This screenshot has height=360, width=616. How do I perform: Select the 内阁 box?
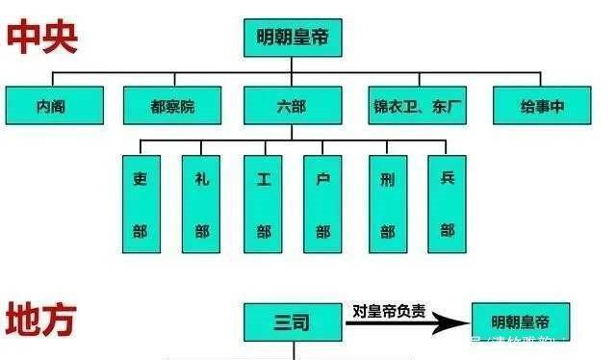pyautogui.click(x=53, y=106)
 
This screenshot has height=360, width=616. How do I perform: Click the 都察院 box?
pyautogui.click(x=172, y=106)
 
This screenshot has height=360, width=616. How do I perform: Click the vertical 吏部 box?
pyautogui.click(x=141, y=204)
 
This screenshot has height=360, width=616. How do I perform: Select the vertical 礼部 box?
pyautogui.click(x=201, y=204)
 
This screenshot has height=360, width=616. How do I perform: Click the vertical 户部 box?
pyautogui.click(x=322, y=204)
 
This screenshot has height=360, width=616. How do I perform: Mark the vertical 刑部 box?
pyautogui.click(x=387, y=204)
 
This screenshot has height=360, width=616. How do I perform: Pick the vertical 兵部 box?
pyautogui.click(x=447, y=204)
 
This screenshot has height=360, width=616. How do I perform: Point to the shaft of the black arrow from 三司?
pyautogui.click(x=385, y=324)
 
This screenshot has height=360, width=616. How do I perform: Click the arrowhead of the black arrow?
pyautogui.click(x=452, y=324)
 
